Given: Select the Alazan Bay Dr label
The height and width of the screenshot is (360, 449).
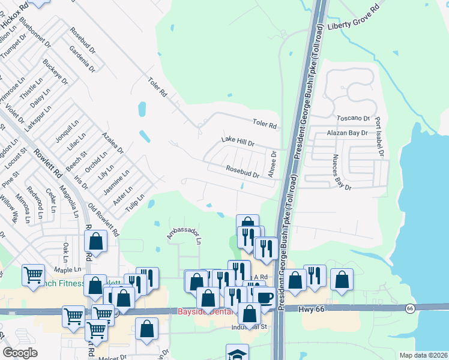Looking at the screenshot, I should pyautogui.click(x=346, y=133).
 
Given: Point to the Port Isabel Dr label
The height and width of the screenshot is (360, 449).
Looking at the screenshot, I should pyautogui.click(x=379, y=137).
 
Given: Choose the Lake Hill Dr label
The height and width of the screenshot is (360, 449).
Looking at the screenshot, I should pyautogui.click(x=238, y=142).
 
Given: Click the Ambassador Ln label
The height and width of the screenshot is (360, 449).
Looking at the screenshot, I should pyautogui.click(x=183, y=232).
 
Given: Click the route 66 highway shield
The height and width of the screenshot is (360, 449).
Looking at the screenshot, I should pyautogui.click(x=410, y=308).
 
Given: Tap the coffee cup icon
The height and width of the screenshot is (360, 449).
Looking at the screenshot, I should pyautogui.click(x=264, y=296).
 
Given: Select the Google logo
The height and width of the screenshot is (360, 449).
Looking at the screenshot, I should pyautogui.click(x=20, y=353).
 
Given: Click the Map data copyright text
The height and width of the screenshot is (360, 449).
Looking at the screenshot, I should pyautogui.click(x=423, y=355).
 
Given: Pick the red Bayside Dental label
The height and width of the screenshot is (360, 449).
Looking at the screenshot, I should pyautogui.click(x=202, y=311).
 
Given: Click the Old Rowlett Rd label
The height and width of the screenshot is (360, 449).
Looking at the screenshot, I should pyautogui.click(x=104, y=220).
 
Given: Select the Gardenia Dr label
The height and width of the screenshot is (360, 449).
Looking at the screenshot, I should pyautogui.click(x=82, y=59).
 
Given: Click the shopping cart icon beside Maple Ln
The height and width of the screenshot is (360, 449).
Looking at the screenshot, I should pyautogui.click(x=33, y=275).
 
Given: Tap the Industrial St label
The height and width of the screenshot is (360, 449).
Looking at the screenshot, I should pyautogui.click(x=248, y=328).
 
